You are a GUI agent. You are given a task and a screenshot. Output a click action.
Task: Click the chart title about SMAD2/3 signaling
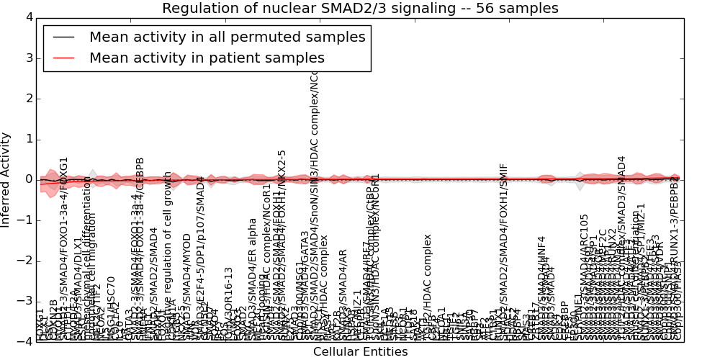click(x=360, y=8)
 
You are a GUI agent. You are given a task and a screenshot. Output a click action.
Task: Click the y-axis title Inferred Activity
click(x=6, y=179)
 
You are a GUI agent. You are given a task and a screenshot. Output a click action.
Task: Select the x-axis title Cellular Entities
click(x=360, y=352)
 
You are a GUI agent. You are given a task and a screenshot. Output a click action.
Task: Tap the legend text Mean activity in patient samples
click(x=207, y=58)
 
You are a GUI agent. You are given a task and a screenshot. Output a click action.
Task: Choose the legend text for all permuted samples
click(x=227, y=37)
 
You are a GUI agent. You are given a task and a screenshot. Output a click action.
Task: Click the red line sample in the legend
click(x=63, y=58)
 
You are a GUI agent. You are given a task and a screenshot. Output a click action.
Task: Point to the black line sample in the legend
click(x=63, y=37)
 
